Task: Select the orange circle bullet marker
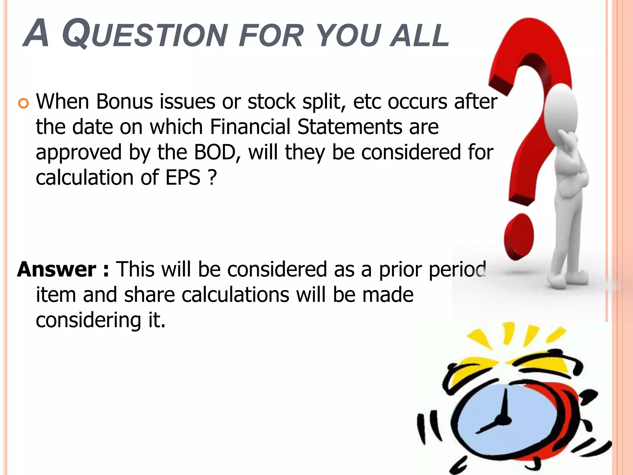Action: click(23, 103)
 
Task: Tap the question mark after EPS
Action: click(212, 178)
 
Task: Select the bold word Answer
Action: click(57, 269)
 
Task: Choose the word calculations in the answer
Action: click(235, 295)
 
